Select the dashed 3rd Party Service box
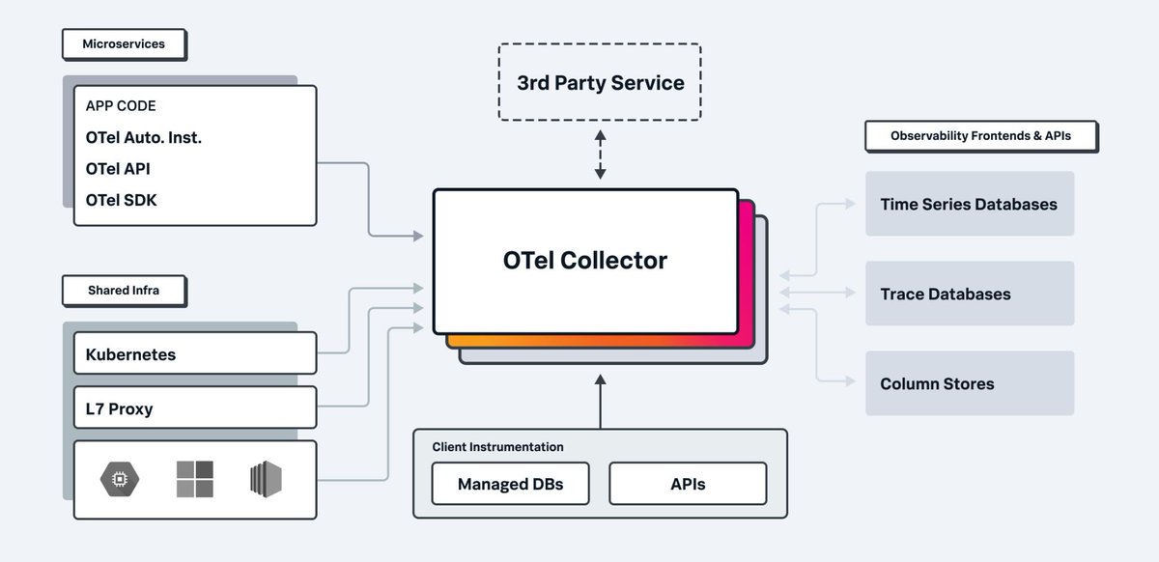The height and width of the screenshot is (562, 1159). (x=600, y=83)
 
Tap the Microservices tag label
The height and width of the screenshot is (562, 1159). (x=125, y=44)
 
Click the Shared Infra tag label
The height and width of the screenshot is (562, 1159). (x=125, y=291)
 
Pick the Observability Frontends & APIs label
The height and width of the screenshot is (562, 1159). (x=980, y=136)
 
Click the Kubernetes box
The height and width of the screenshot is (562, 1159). (x=195, y=353)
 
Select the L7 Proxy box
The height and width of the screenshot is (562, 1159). (x=195, y=407)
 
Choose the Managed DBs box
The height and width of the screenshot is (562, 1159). (x=510, y=483)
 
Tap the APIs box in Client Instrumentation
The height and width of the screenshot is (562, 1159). (x=687, y=483)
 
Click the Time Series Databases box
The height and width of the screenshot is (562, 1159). (x=969, y=204)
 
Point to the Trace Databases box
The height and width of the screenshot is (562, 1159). (x=969, y=294)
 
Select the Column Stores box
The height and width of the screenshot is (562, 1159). (x=969, y=383)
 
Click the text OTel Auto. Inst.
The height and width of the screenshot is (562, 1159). (x=144, y=137)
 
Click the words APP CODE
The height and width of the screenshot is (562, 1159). (x=121, y=106)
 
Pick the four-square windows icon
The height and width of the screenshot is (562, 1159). (x=195, y=479)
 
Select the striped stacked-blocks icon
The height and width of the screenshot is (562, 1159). (x=267, y=479)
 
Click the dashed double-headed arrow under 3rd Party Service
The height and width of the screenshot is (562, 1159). (x=600, y=155)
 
